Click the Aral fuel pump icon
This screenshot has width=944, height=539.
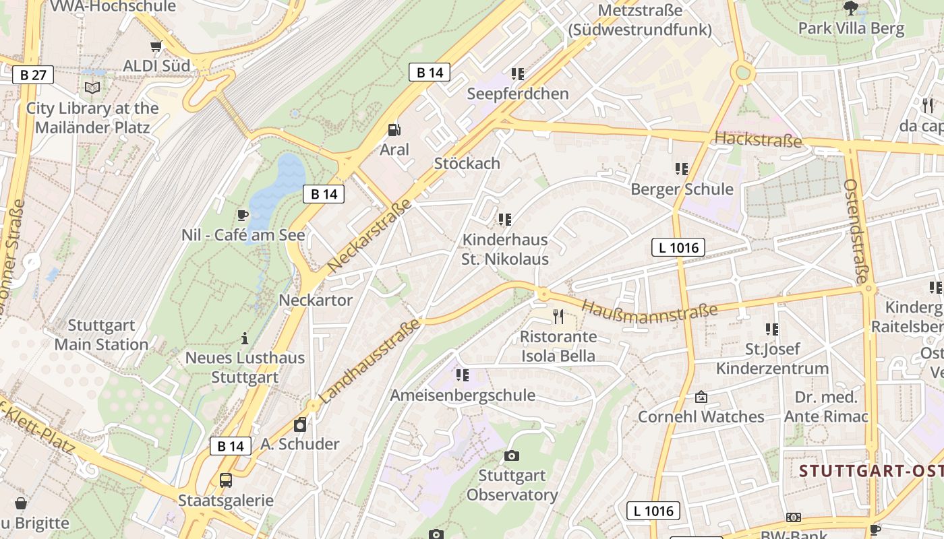click(394, 130)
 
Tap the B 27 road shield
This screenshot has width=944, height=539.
click(33, 74)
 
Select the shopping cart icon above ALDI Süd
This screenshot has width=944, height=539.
click(156, 46)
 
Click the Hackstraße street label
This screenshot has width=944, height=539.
click(758, 139)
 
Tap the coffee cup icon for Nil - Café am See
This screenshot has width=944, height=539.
click(243, 216)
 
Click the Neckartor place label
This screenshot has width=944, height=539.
click(316, 300)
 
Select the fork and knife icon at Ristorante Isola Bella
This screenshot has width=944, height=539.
click(558, 316)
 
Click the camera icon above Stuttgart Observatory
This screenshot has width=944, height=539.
click(512, 456)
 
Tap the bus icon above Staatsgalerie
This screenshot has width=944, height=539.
click(226, 480)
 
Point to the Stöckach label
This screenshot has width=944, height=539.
click(467, 163)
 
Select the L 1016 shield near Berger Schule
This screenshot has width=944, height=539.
click(678, 248)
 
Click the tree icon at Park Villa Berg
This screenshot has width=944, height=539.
click(851, 9)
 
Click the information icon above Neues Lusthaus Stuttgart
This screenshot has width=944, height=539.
click(245, 338)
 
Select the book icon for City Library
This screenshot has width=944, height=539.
click(92, 88)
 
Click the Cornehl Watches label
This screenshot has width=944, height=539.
click(701, 416)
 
